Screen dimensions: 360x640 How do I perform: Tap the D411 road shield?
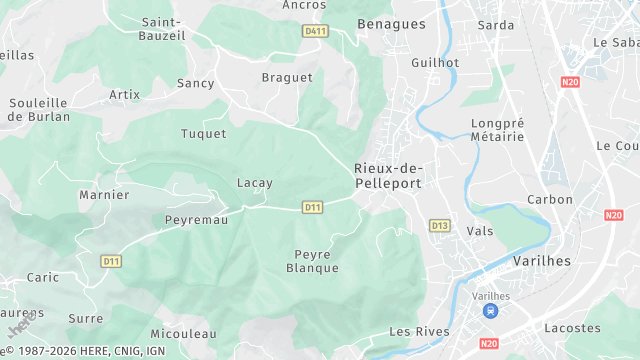316,31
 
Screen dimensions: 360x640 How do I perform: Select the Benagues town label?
391,23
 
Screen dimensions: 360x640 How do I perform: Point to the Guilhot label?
435,62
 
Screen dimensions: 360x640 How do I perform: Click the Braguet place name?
280,77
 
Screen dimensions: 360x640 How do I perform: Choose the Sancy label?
195,83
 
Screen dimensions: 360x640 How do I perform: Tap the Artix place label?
124,95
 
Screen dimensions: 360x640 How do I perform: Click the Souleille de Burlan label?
38,109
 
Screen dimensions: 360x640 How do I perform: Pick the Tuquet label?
203,133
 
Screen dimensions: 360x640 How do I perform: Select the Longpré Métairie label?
497,130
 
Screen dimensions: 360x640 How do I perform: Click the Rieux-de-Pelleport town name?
388,175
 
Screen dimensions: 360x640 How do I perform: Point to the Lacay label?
254,183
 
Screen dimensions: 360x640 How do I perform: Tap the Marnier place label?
104,195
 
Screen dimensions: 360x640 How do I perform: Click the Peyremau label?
196,219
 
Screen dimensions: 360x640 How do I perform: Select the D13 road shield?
440,225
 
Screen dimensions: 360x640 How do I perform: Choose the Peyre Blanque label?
313,261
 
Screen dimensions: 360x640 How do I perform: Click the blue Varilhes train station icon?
490,311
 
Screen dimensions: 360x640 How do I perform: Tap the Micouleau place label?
183,333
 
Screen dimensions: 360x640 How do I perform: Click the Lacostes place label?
572,327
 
